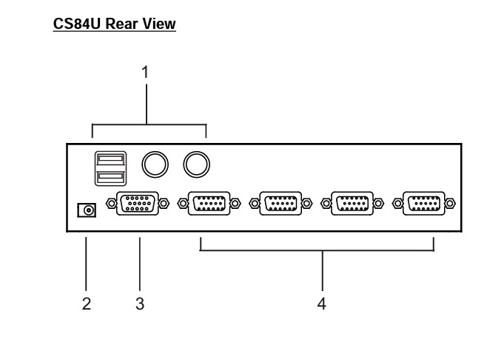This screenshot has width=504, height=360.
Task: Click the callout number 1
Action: (x=145, y=73)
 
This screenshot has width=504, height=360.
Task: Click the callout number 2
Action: (x=87, y=304)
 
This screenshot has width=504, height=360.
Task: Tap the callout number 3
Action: (x=140, y=304)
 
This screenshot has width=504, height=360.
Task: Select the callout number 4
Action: (x=322, y=304)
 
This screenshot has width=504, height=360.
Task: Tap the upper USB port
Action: (x=109, y=159)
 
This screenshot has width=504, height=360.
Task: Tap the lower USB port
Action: (x=109, y=177)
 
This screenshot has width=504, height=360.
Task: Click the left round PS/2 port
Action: (x=154, y=164)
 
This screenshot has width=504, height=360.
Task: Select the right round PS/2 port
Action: (x=196, y=164)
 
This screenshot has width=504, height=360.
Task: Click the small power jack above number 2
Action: (x=87, y=211)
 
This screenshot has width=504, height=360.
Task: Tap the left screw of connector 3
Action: (x=110, y=203)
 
